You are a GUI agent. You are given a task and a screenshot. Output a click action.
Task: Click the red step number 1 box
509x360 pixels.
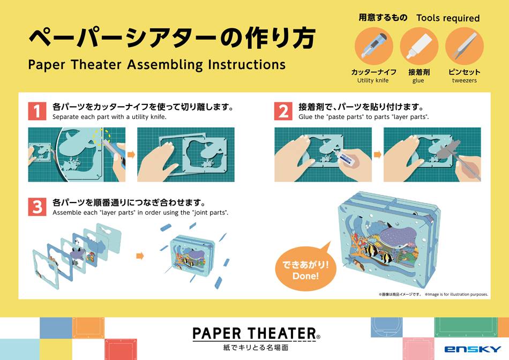pyautogui.click(x=36, y=111)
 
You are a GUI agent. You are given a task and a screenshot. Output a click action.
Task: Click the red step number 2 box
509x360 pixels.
pyautogui.click(x=283, y=111)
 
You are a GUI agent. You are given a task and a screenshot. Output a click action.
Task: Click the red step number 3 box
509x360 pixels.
pyautogui.click(x=36, y=207)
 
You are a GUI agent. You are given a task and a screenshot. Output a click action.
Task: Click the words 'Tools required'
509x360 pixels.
pyautogui.click(x=448, y=18)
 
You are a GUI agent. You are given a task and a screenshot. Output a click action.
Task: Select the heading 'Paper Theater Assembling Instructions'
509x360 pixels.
pyautogui.click(x=156, y=65)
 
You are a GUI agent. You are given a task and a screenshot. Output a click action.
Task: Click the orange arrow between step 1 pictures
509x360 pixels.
pyautogui.click(x=131, y=155)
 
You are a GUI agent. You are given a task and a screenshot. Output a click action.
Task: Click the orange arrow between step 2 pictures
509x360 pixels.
pyautogui.click(x=378, y=155)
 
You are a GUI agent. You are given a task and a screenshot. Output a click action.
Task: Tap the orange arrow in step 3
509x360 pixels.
pyautogui.click(x=140, y=256)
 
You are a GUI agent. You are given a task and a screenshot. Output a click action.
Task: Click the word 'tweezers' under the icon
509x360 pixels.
pyautogui.click(x=464, y=81)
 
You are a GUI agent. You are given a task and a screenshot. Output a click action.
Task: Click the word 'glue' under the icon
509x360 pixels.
pyautogui.click(x=418, y=81)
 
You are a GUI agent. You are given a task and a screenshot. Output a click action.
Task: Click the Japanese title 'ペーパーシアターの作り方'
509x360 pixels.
pyautogui.click(x=171, y=39)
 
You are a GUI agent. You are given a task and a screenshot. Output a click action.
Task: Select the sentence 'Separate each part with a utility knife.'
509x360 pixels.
pyautogui.click(x=109, y=117)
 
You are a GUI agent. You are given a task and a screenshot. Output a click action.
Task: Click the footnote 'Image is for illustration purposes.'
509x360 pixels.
pyautogui.click(x=456, y=294)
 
